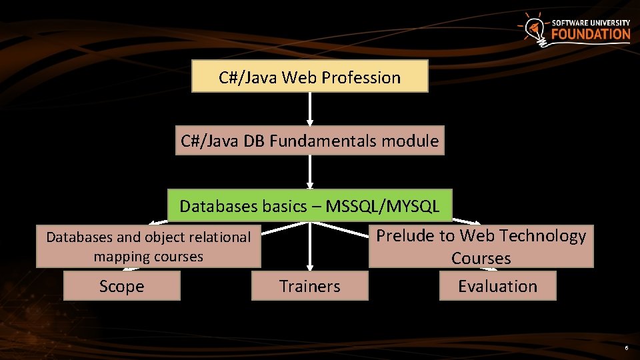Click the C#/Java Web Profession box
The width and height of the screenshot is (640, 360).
click(310, 77)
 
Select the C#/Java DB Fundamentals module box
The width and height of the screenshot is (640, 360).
click(310, 141)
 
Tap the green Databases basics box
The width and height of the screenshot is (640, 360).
click(310, 206)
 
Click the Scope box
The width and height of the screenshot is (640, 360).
click(121, 286)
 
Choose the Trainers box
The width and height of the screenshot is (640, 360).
click(310, 286)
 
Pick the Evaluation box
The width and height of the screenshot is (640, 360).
click(497, 286)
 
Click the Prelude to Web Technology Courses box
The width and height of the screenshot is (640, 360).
click(481, 246)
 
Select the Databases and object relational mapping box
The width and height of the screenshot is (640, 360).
click(148, 246)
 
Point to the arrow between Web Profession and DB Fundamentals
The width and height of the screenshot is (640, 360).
click(310, 109)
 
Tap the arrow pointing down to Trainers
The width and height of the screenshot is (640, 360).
click(310, 247)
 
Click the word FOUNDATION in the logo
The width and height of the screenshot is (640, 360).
click(591, 34)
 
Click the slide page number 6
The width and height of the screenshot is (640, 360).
click(626, 349)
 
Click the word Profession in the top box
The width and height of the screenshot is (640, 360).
click(361, 77)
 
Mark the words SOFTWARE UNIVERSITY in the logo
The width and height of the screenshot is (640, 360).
click(591, 23)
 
